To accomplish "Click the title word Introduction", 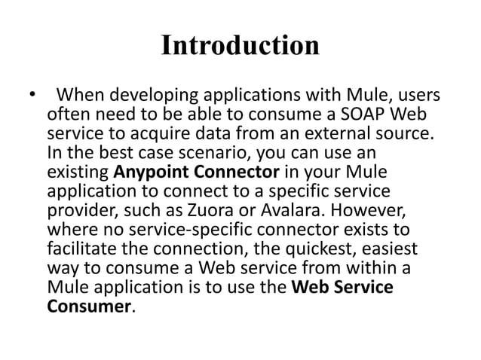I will tap(240, 45).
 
